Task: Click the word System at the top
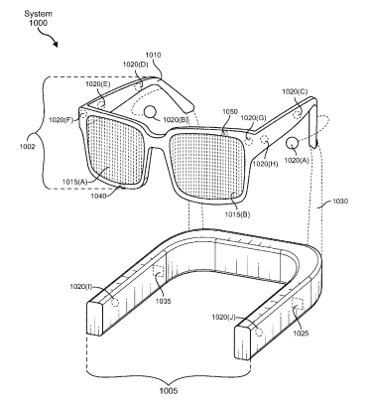click(x=38, y=14)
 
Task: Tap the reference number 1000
click(x=38, y=23)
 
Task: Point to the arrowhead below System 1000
click(x=55, y=44)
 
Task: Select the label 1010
click(x=153, y=55)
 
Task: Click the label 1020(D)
click(x=135, y=65)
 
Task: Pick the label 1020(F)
click(x=62, y=120)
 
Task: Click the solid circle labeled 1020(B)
click(x=151, y=112)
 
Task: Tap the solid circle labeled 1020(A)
click(x=292, y=143)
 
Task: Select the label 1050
click(x=230, y=112)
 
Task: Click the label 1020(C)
click(x=295, y=91)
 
